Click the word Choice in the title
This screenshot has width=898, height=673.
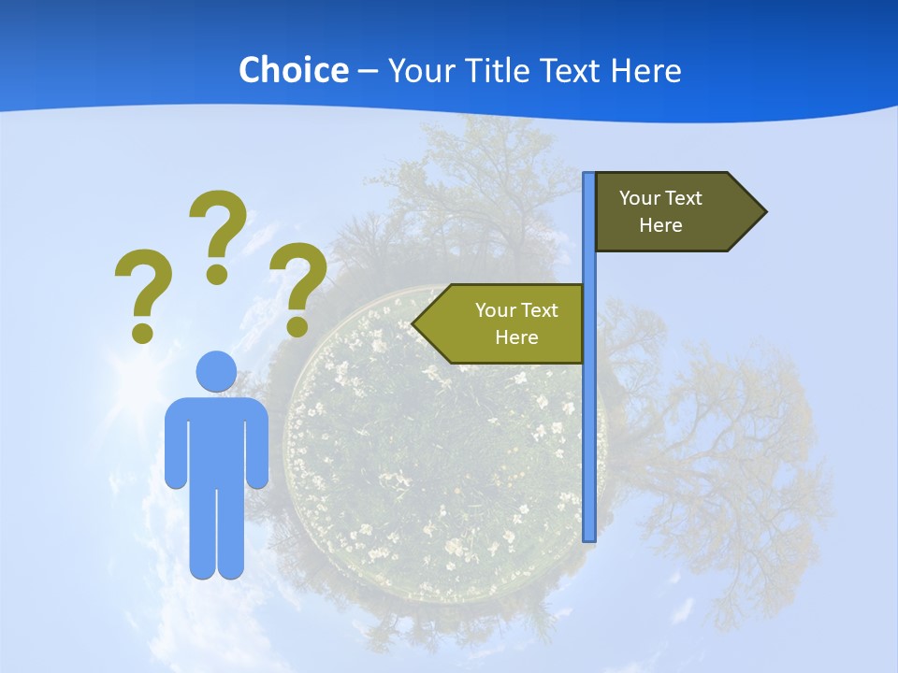click(293, 70)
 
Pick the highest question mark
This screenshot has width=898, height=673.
click(218, 234)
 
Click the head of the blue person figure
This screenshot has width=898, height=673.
click(216, 371)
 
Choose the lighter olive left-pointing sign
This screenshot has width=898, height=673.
click(505, 323)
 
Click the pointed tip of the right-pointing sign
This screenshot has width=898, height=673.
click(764, 212)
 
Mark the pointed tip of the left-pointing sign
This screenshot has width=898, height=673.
click(414, 324)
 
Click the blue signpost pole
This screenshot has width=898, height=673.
click(589, 421)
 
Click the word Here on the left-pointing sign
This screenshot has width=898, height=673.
click(516, 337)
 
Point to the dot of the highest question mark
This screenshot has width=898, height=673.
click(217, 273)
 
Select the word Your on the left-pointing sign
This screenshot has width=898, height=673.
click(495, 310)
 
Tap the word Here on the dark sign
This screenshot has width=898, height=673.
click(660, 225)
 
